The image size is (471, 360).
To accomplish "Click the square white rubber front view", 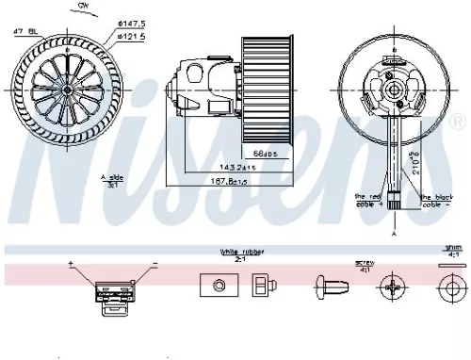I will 216,286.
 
